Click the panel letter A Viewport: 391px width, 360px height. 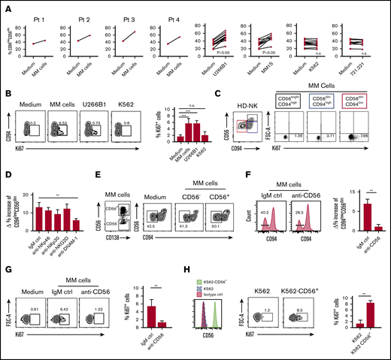[5, 6]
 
